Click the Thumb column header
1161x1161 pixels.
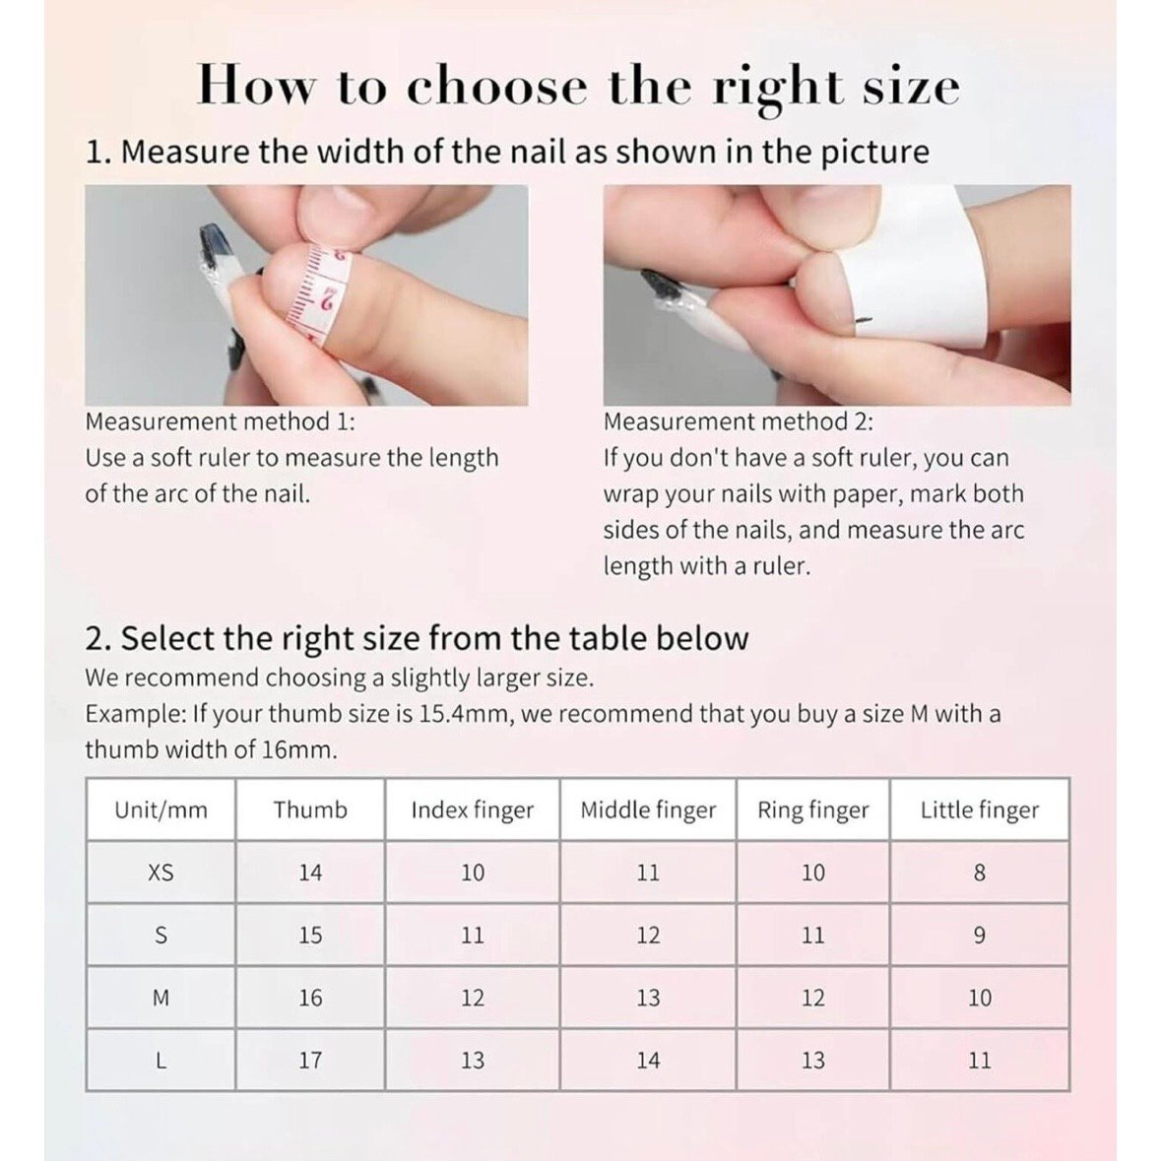point(309,809)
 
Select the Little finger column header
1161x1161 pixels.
point(980,810)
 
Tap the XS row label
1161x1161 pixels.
point(161,873)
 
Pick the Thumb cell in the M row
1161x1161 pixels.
point(310,999)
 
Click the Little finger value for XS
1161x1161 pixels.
point(980,873)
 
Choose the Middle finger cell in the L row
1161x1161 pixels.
point(648,1061)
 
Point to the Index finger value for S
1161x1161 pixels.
point(473,935)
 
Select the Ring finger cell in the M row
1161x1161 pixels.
point(813,999)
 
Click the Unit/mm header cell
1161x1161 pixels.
point(161,809)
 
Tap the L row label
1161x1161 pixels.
point(161,1061)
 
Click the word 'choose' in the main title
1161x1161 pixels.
point(497,88)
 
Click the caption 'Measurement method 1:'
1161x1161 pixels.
point(221,421)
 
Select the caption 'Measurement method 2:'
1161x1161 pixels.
point(739,421)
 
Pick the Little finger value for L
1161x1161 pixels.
point(980,1061)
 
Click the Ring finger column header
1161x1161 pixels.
point(812,810)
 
